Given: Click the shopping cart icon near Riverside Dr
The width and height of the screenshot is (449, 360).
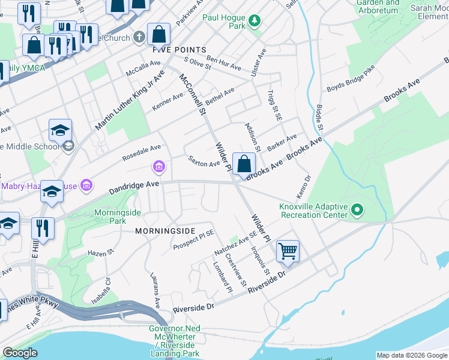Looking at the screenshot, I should pyautogui.click(x=288, y=251).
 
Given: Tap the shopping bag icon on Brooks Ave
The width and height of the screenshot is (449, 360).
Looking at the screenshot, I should pyautogui.click(x=244, y=163).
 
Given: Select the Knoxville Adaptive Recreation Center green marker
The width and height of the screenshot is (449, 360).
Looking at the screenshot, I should pyautogui.click(x=357, y=210).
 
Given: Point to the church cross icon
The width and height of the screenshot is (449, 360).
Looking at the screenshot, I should pyautogui.click(x=139, y=37).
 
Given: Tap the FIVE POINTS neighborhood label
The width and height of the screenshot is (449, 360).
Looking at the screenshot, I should pyautogui.click(x=179, y=49).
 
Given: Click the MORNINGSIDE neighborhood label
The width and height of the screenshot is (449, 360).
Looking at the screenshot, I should pyautogui.click(x=165, y=230).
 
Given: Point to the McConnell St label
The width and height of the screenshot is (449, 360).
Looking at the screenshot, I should pyautogui.click(x=193, y=95).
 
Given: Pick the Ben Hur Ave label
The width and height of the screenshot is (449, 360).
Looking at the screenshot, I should pyautogui.click(x=223, y=60).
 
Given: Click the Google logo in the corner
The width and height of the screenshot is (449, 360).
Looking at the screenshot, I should pyautogui.click(x=20, y=353).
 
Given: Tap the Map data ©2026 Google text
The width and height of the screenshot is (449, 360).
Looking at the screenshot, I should pyautogui.click(x=411, y=355).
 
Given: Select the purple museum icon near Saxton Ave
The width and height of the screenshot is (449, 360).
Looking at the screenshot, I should pyautogui.click(x=160, y=166).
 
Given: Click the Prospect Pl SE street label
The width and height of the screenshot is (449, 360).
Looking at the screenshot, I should pyautogui.click(x=193, y=240).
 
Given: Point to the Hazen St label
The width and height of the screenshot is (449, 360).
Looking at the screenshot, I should pyautogui.click(x=101, y=253).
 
